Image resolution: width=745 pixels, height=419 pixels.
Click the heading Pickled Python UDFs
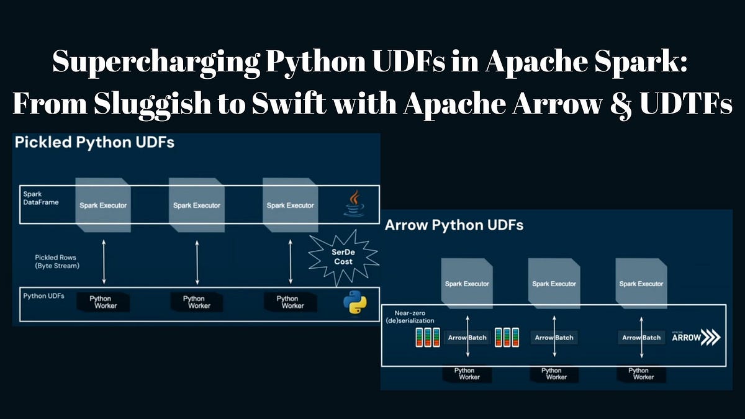[x=94, y=142]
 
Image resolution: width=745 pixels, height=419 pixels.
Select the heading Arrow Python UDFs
[x=454, y=225]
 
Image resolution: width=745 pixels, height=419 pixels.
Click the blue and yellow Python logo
[x=355, y=302]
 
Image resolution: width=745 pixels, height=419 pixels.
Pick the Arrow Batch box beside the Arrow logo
[x=642, y=338]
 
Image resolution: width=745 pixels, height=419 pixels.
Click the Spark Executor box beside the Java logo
[x=291, y=204]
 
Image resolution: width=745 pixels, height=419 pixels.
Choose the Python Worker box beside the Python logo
[x=289, y=302]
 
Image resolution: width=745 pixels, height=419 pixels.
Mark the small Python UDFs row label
[x=43, y=295]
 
